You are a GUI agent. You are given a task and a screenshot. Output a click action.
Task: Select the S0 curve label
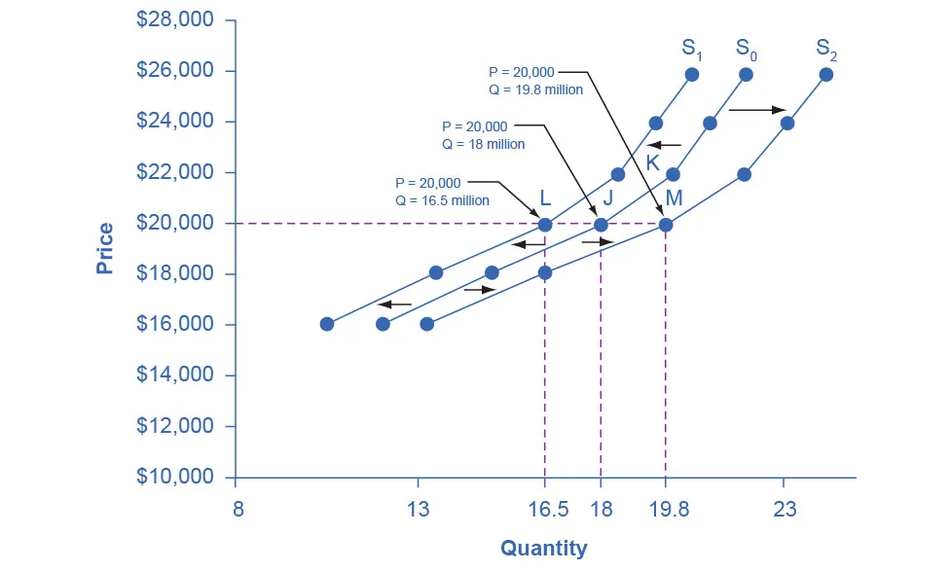748,49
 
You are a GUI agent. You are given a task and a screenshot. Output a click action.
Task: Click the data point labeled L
545,225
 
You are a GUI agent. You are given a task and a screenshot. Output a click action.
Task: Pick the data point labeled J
601,225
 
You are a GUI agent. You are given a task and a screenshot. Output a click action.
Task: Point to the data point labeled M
666,225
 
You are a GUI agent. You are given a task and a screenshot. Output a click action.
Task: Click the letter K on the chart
653,162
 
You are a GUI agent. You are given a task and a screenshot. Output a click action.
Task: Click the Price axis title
105,249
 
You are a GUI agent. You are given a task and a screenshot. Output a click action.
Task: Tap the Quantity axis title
544,549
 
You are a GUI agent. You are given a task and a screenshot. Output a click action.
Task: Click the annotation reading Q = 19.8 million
535,89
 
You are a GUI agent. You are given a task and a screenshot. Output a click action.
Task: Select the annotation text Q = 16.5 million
442,200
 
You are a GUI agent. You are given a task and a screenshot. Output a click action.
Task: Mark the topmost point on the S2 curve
826,74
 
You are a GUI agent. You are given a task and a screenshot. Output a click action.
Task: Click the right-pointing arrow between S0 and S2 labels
757,110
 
